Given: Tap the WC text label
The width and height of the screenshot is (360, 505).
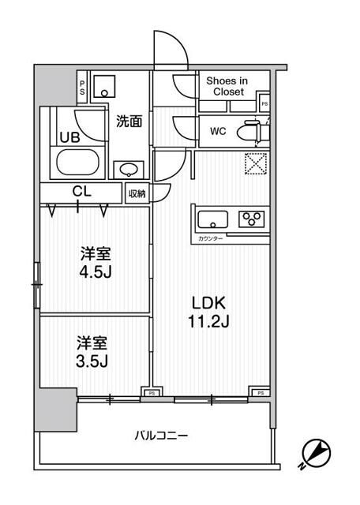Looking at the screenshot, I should (218, 132).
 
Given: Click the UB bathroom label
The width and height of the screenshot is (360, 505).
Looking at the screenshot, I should (69, 137).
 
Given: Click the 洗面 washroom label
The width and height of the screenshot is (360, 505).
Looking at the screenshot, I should (129, 122).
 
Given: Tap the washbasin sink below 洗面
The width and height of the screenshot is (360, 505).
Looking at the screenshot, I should (128, 169).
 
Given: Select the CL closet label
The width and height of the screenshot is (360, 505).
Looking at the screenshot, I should (81, 192).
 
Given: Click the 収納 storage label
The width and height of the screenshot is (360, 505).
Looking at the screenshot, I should (137, 193).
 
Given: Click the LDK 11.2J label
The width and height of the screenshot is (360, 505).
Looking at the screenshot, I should (210, 310).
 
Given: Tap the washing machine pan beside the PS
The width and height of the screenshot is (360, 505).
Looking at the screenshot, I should (104, 85).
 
